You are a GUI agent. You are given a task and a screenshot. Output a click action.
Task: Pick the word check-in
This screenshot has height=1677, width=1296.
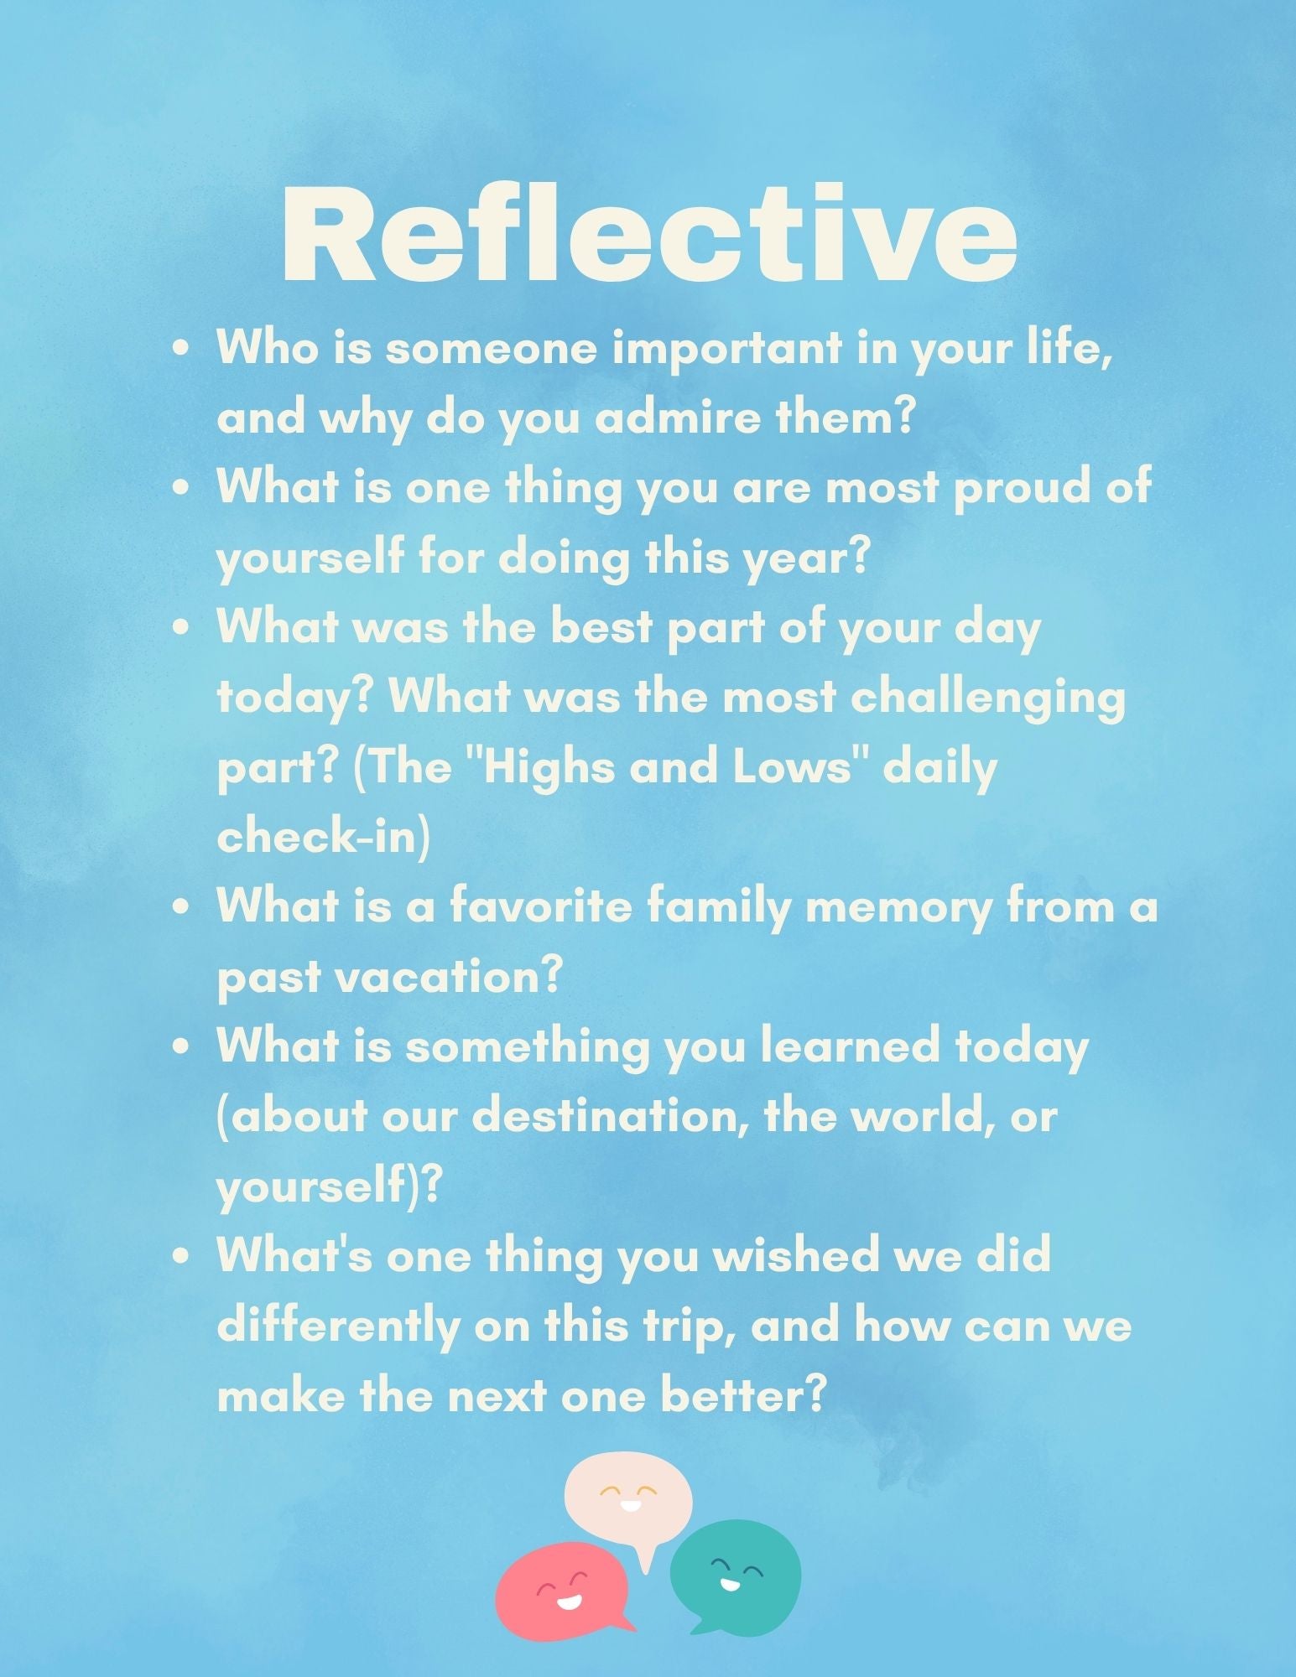324,837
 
